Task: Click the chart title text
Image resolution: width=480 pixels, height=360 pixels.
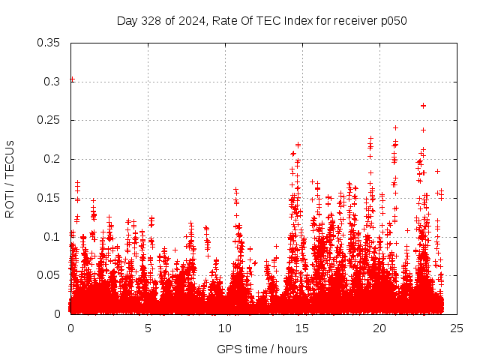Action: click(x=262, y=20)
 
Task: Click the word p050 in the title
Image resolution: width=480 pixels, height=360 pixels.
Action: click(x=392, y=20)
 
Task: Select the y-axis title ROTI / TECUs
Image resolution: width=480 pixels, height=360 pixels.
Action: click(x=10, y=178)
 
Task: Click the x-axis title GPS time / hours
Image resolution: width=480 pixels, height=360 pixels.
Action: click(x=262, y=349)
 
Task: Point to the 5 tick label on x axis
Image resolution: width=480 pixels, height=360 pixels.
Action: click(x=148, y=328)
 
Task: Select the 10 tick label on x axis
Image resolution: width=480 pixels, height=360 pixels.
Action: click(x=225, y=328)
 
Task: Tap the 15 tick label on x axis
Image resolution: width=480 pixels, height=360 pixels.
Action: click(x=302, y=328)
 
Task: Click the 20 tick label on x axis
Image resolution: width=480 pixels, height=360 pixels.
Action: click(x=379, y=328)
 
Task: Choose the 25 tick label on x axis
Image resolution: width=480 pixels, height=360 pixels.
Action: click(x=457, y=328)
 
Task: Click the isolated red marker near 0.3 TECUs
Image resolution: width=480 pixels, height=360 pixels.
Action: click(x=72, y=79)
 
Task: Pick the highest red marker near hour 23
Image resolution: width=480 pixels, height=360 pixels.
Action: click(x=423, y=106)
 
